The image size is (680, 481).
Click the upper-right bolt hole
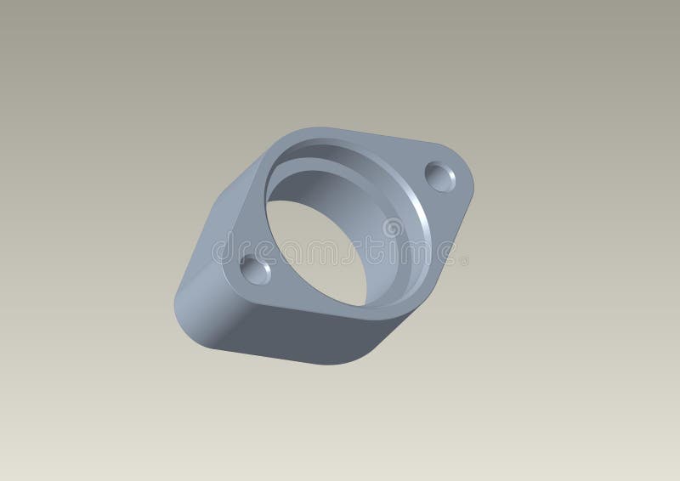tap(441, 177)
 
